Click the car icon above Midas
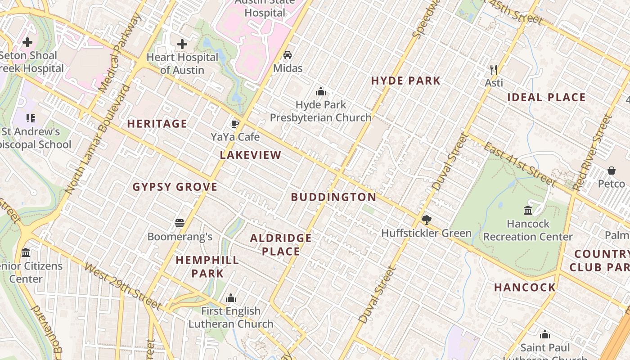(x=287, y=55)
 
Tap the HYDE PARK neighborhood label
(x=405, y=81)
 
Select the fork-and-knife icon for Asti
(x=494, y=69)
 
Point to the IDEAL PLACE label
(x=546, y=98)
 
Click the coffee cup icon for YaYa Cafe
(x=234, y=124)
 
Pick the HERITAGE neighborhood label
(x=157, y=124)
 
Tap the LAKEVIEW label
(x=251, y=155)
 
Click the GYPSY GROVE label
(x=175, y=187)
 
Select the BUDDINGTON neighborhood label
(x=333, y=197)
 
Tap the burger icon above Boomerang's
(x=180, y=223)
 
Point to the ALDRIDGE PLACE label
(x=281, y=245)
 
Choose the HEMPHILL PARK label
(x=207, y=266)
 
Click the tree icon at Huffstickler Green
(x=426, y=220)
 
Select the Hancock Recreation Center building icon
(x=528, y=210)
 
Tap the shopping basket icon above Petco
(x=611, y=171)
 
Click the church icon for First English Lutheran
(x=231, y=298)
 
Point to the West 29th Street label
(x=122, y=287)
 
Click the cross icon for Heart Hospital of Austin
(x=182, y=44)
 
